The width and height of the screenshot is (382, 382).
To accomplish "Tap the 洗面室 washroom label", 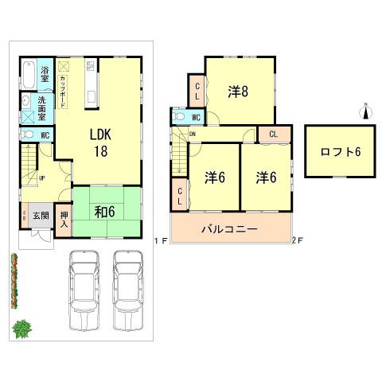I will point(45,103).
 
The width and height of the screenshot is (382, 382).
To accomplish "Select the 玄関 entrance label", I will point(41,215).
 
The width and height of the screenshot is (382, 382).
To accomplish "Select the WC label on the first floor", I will point(45,135).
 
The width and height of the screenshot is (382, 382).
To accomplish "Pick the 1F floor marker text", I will point(159,239).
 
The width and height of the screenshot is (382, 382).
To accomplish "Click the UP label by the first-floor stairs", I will point(41,178).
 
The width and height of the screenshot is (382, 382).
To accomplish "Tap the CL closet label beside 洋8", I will point(196,89).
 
